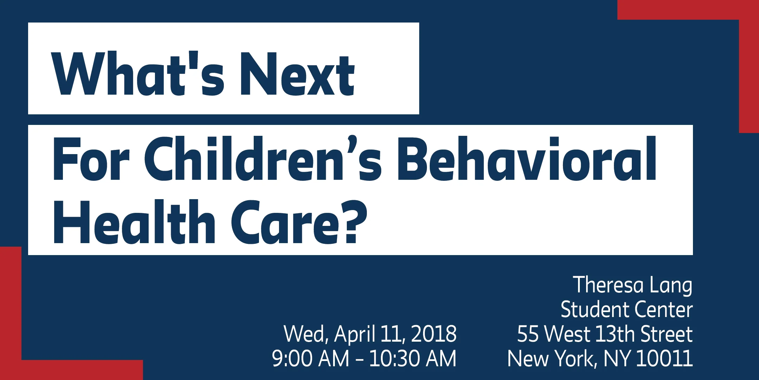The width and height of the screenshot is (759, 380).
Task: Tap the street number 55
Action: tap(528, 334)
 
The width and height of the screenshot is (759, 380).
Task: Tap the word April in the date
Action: tap(355, 335)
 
